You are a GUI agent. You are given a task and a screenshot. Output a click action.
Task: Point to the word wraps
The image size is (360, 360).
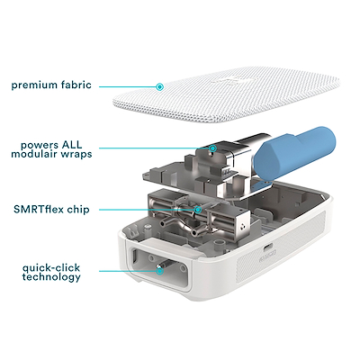tap(80, 154)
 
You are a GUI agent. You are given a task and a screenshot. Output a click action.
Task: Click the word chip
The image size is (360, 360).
tap(83, 210)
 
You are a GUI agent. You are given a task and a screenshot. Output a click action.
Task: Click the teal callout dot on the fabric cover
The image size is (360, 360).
tap(159, 86)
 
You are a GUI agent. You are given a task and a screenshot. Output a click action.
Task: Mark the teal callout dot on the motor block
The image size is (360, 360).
tap(212, 148)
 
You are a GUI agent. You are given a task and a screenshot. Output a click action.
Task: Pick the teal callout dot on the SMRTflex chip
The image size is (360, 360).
tap(198, 210)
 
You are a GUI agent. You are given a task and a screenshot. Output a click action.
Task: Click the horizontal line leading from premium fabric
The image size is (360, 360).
tap(131, 86)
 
